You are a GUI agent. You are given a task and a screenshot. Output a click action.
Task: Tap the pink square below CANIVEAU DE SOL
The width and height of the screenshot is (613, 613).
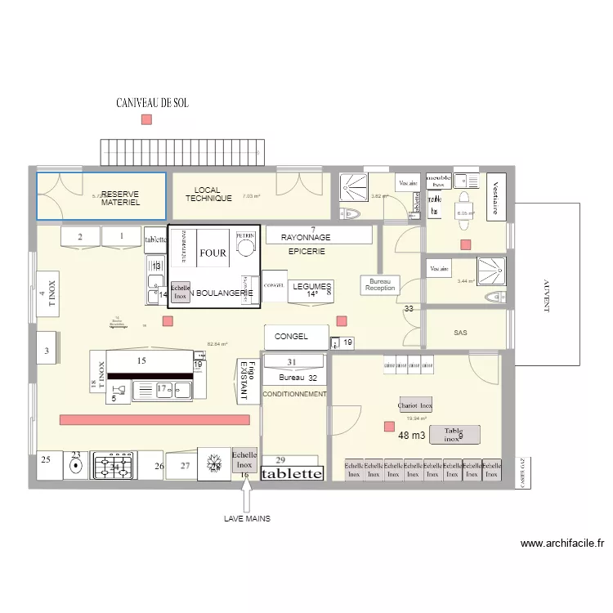[146, 119]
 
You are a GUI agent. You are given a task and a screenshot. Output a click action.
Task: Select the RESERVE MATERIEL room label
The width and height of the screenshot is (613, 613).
[121, 198]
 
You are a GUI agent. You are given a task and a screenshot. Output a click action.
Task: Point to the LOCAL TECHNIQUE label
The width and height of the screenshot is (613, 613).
[208, 195]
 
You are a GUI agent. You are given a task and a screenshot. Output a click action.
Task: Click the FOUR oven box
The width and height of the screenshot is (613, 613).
[213, 253]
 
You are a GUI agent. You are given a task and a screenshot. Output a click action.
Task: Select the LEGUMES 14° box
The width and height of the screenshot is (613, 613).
[310, 290]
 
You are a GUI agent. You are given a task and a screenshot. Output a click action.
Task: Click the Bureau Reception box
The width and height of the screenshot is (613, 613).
[380, 284]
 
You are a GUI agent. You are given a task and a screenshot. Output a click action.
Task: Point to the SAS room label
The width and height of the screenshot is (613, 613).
[460, 333]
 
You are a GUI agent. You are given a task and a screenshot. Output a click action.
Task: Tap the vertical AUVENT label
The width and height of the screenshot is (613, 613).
[546, 295]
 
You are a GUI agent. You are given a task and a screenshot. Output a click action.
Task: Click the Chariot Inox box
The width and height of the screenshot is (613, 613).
[414, 405]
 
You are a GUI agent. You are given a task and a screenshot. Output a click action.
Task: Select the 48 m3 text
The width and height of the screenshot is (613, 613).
[412, 436]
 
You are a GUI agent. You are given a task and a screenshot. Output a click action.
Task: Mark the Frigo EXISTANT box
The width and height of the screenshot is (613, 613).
[245, 380]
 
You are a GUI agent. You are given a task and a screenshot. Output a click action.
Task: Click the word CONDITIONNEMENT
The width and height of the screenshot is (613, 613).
[294, 394]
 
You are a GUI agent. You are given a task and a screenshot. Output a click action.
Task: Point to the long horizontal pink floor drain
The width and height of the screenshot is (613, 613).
[154, 419]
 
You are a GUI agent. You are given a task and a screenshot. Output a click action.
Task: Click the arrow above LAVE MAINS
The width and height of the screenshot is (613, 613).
[246, 494]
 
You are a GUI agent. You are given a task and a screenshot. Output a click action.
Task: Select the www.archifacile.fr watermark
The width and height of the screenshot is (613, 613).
[561, 544]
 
